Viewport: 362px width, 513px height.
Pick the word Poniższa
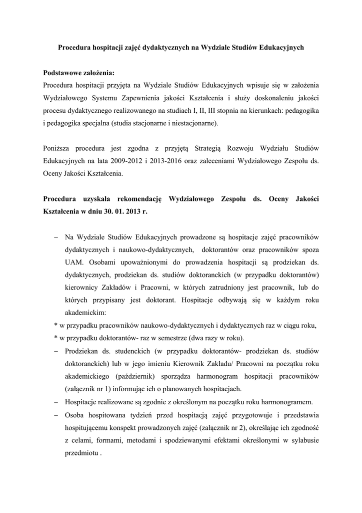[58, 148]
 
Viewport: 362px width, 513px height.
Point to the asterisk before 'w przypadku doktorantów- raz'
[56, 337]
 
